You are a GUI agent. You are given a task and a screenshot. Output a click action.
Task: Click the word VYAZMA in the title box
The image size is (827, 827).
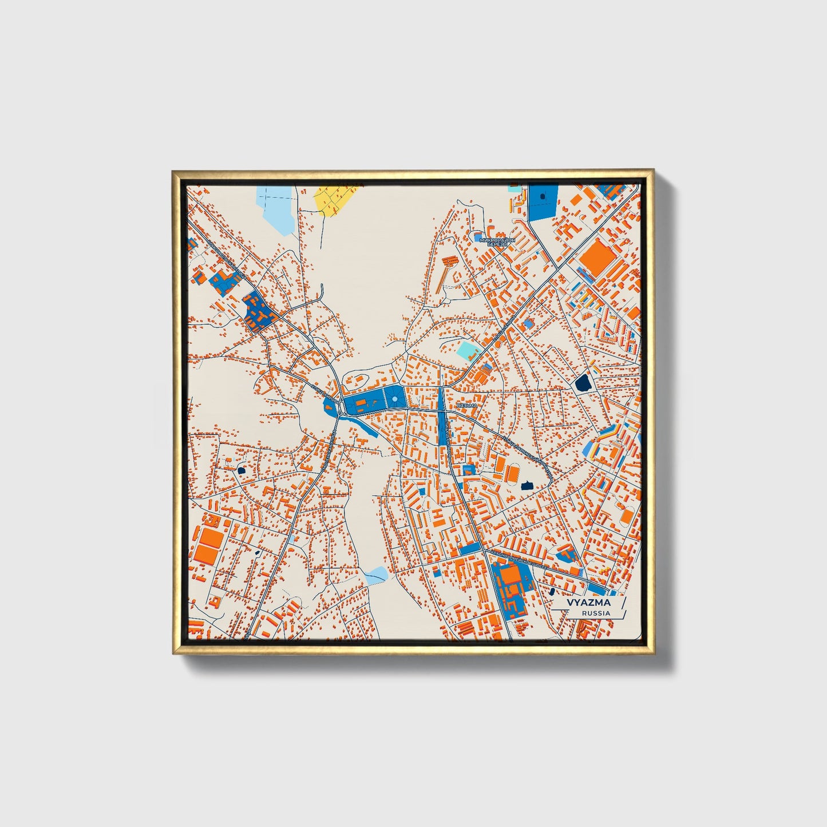pyautogui.click(x=588, y=603)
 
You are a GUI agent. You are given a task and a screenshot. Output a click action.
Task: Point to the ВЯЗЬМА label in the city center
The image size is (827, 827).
pyautogui.click(x=467, y=405)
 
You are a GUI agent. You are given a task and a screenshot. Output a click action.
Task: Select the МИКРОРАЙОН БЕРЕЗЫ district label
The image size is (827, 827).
pyautogui.click(x=496, y=242)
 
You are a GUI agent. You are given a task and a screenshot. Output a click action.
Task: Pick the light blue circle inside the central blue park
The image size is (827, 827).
pyautogui.click(x=395, y=397)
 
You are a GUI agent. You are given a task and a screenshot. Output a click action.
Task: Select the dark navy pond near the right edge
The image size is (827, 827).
pyautogui.click(x=584, y=382)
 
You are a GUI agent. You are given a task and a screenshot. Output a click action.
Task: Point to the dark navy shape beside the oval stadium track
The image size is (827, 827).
pyautogui.click(x=527, y=485)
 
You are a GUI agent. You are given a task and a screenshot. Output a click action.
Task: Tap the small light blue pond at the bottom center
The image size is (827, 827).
pyautogui.click(x=376, y=574)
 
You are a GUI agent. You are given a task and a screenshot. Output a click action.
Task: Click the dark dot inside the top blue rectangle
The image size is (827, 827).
pyautogui.click(x=543, y=196)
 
